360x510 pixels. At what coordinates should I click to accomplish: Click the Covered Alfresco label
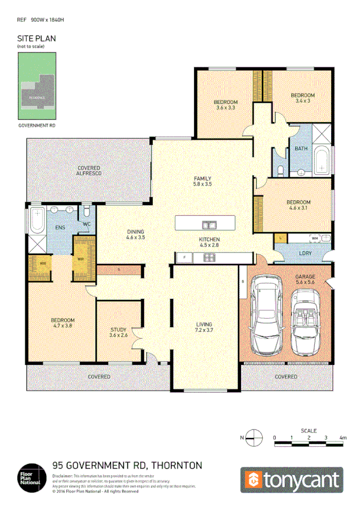pos(88,170)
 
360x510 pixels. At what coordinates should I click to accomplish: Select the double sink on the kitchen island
pos(209,225)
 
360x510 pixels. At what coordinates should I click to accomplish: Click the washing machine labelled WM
pos(315,238)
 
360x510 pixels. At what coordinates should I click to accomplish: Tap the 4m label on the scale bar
pos(343,437)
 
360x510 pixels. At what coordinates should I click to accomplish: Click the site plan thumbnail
pos(37,86)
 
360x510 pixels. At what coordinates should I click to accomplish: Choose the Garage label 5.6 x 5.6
pos(305,279)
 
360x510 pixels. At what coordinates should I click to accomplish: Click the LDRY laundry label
pos(305,253)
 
